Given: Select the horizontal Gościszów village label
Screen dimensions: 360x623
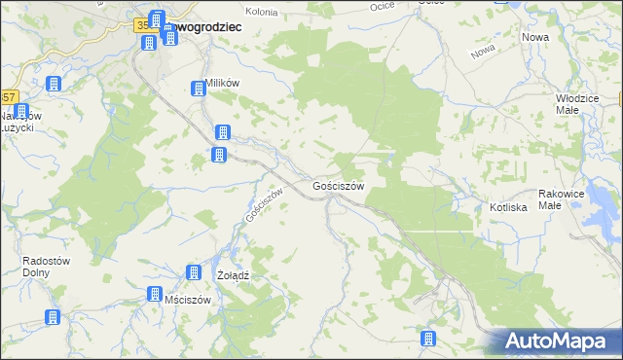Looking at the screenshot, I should click(339, 185).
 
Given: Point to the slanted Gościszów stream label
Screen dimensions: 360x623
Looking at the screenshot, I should click(264, 203).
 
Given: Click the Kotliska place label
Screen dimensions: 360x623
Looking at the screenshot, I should click(508, 207).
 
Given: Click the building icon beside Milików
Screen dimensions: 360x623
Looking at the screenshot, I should click(199, 88).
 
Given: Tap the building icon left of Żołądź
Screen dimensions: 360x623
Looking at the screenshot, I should click(194, 273).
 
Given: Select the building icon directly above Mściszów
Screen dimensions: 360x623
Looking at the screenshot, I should click(154, 294).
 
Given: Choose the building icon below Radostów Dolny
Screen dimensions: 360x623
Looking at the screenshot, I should click(52, 317).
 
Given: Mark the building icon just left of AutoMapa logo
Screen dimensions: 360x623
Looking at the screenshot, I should click(426, 339).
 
